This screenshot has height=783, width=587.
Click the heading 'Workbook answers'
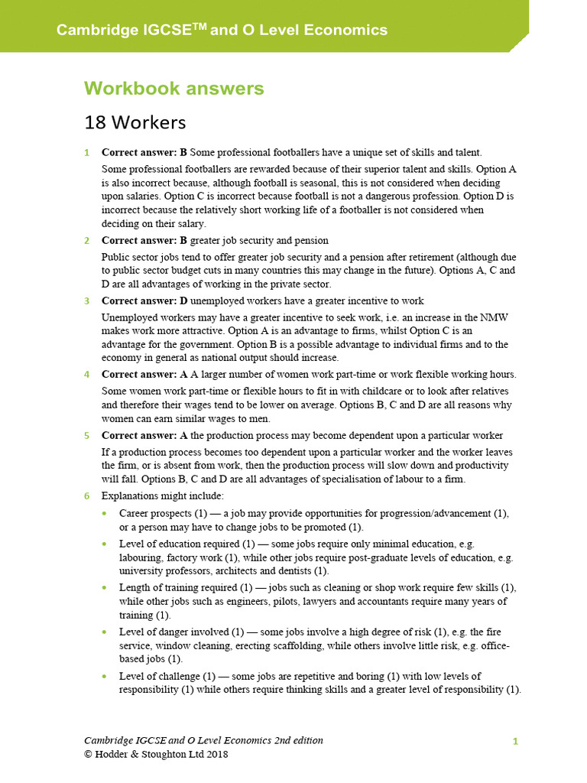(x=174, y=89)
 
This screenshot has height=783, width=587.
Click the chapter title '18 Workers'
(x=135, y=122)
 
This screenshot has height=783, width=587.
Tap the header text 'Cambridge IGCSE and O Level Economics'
(x=222, y=31)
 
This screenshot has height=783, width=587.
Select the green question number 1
(x=87, y=152)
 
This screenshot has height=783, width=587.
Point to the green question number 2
(x=87, y=241)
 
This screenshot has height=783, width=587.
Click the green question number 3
(x=87, y=301)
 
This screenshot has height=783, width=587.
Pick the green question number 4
(x=87, y=374)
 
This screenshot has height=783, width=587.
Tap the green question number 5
(x=87, y=435)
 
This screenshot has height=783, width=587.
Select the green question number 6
(x=87, y=496)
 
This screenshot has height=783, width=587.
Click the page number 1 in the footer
(x=515, y=741)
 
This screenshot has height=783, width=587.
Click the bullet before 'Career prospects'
(x=104, y=513)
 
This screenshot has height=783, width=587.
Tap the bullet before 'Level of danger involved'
(x=104, y=632)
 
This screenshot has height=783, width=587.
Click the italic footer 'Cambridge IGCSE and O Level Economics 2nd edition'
(x=203, y=740)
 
